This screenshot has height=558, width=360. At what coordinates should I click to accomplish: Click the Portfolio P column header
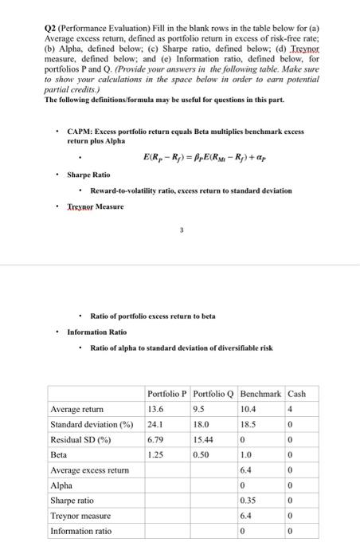pos(166,393)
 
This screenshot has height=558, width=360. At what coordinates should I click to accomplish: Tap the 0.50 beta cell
pos(203,454)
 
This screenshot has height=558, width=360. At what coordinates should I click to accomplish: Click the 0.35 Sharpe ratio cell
pos(252,500)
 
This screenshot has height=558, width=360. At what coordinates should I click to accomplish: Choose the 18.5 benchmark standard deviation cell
pos(252,423)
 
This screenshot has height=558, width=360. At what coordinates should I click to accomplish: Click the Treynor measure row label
pos(82,515)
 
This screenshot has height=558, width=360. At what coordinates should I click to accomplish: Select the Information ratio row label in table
pos(81,531)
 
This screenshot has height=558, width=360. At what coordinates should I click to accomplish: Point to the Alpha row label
pos(61,485)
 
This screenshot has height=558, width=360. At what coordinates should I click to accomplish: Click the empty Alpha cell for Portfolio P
pos(166,485)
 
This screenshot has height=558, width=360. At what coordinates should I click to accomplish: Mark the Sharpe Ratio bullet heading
pos(88,175)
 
